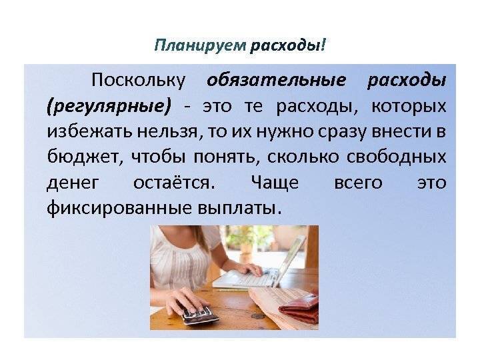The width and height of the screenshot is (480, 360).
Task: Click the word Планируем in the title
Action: click(200, 46)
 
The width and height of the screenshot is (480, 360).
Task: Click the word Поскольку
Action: click(139, 81)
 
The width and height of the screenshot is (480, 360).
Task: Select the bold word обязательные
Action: click(277, 81)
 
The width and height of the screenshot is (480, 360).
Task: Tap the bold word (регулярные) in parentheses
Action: click(109, 107)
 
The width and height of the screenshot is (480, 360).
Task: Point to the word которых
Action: click(409, 107)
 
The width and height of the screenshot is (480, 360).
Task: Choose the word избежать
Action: click(89, 131)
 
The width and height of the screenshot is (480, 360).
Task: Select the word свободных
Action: click(397, 157)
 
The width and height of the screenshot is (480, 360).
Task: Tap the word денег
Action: click(73, 183)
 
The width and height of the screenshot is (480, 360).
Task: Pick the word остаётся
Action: click(174, 183)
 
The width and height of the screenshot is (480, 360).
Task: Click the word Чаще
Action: click(275, 183)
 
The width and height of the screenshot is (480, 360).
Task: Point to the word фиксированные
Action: click(119, 208)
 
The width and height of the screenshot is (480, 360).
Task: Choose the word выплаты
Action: click(239, 209)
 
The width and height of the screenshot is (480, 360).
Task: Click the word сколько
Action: click(303, 157)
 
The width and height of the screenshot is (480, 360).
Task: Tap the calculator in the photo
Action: click(198, 314)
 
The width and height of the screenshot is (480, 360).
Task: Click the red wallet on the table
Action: click(299, 307)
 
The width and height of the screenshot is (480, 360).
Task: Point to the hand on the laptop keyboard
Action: click(248, 268)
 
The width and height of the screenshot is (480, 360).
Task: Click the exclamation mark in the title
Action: click(324, 45)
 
